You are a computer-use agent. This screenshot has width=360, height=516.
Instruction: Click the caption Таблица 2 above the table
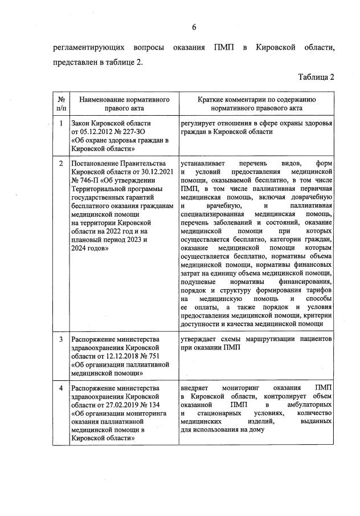click(x=315, y=77)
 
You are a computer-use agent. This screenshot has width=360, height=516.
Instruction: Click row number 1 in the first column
click(x=61, y=123)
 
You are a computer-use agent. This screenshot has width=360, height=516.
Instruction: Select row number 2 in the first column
click(x=61, y=164)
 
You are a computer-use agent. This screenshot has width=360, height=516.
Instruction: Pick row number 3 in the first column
click(x=61, y=340)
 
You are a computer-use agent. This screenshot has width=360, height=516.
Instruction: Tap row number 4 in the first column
click(x=61, y=388)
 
